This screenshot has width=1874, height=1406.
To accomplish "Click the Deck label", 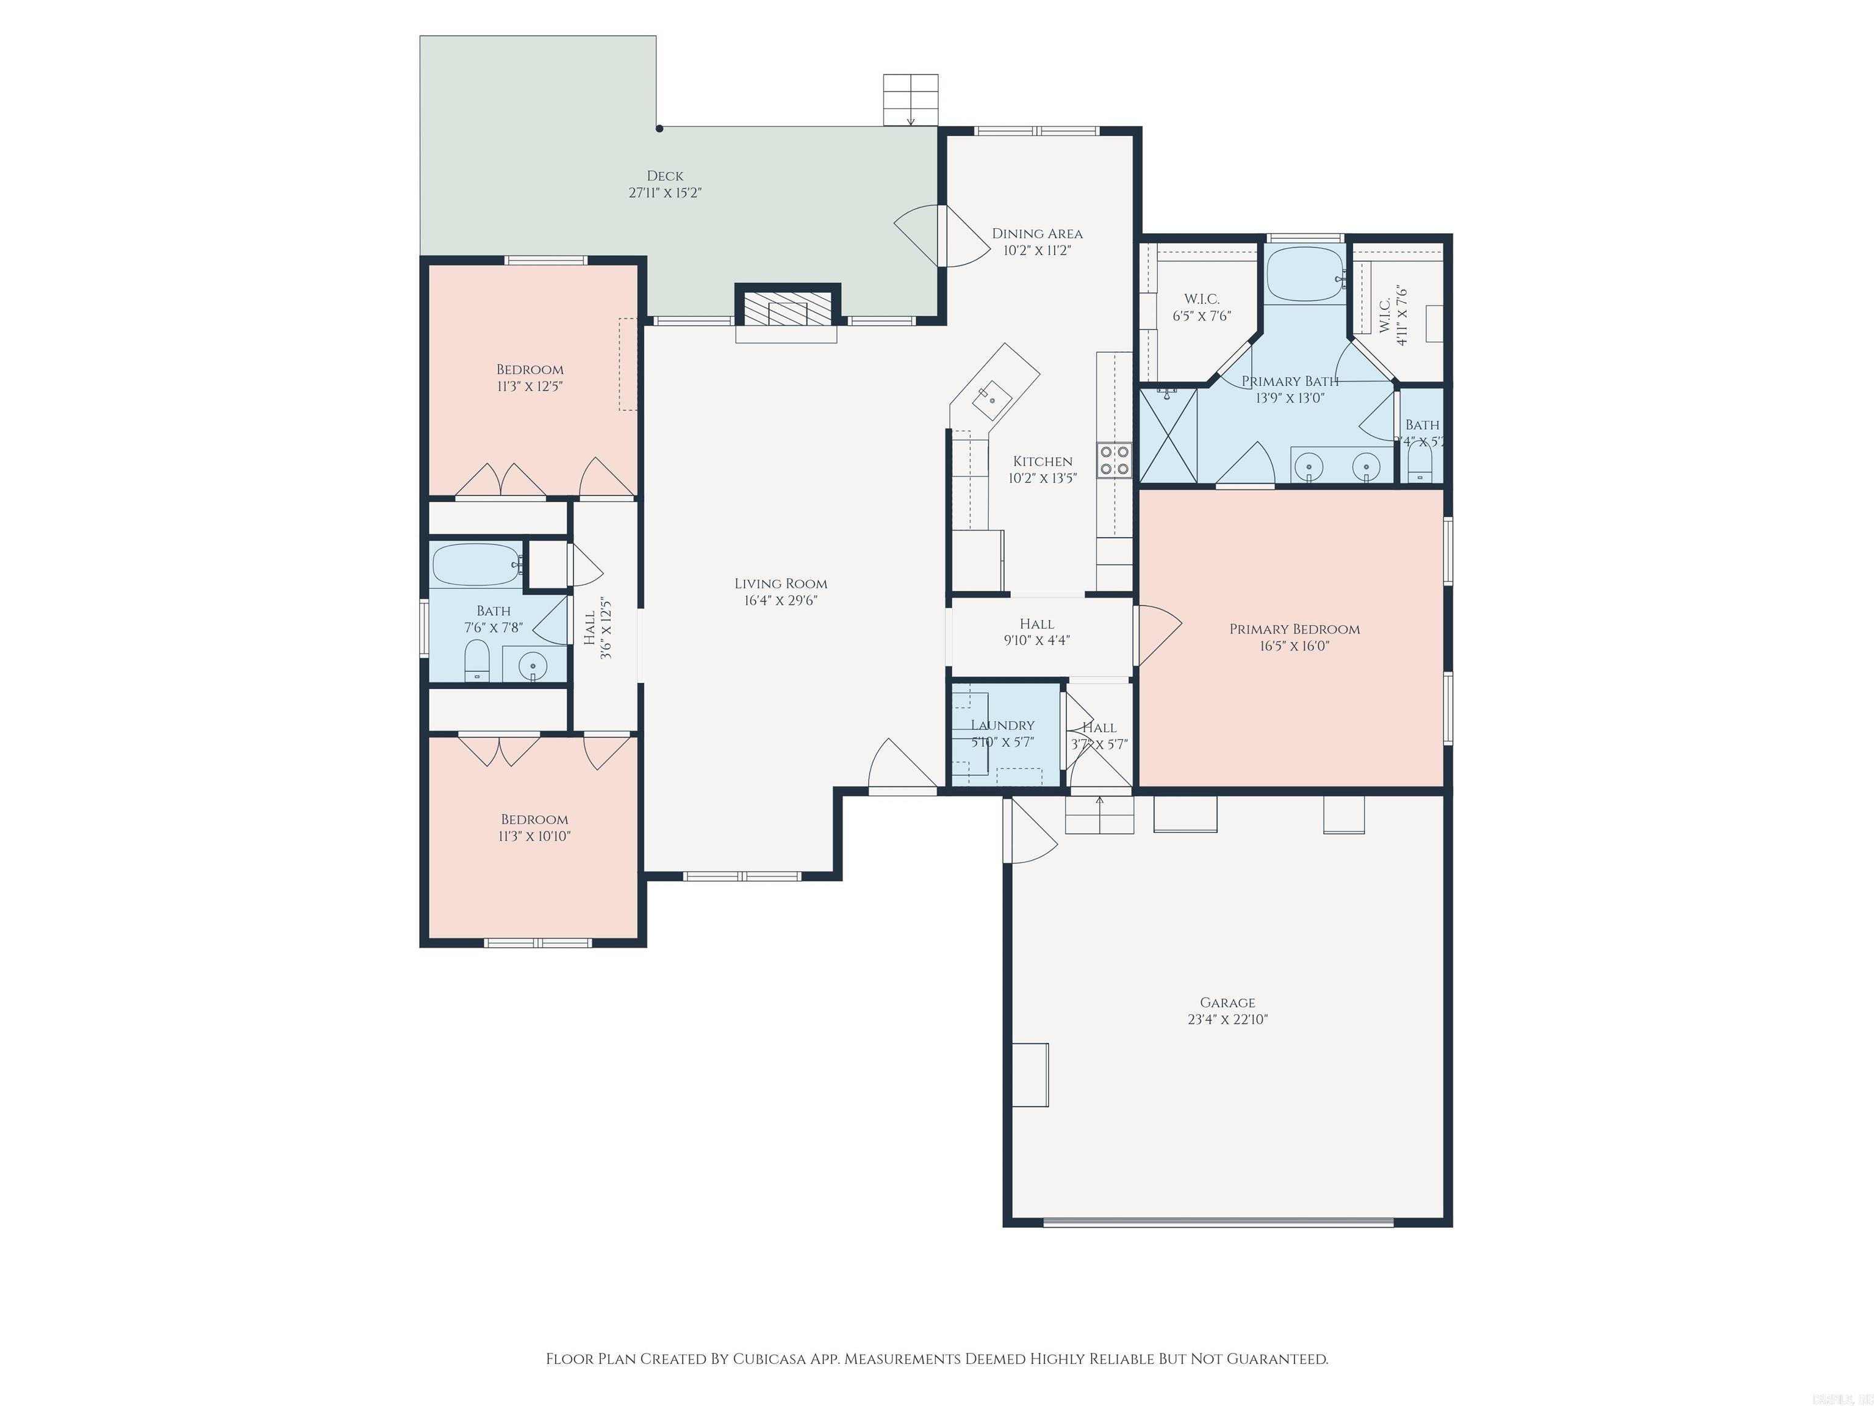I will point(665,176).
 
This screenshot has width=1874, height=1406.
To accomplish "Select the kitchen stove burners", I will point(1114,460).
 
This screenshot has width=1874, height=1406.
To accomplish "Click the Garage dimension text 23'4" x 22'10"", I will point(1227,1020).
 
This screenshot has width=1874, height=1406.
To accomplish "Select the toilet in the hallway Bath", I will point(477,661).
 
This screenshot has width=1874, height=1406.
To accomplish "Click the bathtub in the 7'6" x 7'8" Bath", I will point(476,564).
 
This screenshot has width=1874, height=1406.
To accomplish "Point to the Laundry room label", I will point(1002,726).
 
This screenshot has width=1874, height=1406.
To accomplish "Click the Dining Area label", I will point(1037,234).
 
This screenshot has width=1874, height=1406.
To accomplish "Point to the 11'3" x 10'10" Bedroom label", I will point(534,820).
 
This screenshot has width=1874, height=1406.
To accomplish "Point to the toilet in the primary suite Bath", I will point(1419,464).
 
